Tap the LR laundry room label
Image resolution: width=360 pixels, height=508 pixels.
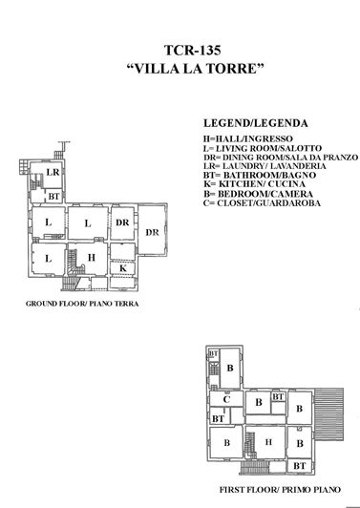[53, 172]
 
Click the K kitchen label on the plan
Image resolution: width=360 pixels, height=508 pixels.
[124, 268]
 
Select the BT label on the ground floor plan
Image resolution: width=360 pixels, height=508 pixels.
[53, 196]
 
